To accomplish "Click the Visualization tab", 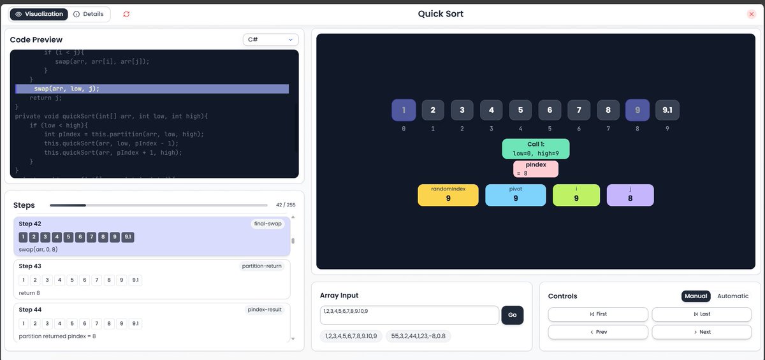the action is (x=39, y=14).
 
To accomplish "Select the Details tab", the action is (x=89, y=14).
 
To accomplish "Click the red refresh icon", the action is (x=126, y=14).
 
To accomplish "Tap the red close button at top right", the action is (x=751, y=14).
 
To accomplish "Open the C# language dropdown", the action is (x=271, y=40).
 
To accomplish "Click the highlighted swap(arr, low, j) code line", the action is (x=152, y=89).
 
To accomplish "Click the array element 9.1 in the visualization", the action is (x=667, y=110).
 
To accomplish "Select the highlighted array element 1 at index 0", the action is (x=404, y=110).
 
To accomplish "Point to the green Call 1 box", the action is (x=535, y=148).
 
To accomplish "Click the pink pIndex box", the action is (x=535, y=169).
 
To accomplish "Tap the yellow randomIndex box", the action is (x=448, y=195).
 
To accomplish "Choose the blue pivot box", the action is (x=515, y=195).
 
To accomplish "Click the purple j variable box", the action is (x=630, y=195).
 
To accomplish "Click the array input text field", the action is (x=409, y=315).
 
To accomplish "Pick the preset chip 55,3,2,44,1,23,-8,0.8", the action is (x=418, y=336).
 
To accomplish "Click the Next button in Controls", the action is (x=701, y=332).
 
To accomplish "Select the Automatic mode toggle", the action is (x=732, y=296).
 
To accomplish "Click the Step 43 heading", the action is (x=30, y=266).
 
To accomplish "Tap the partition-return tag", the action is (x=261, y=266).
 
